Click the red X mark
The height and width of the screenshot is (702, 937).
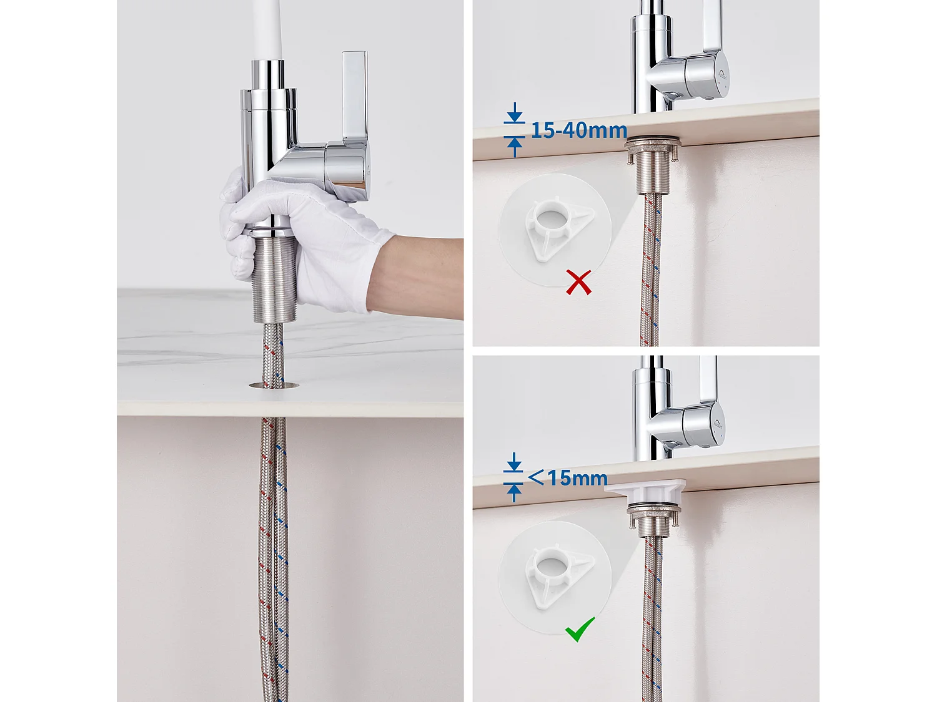578,282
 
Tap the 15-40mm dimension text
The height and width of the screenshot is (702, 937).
579,130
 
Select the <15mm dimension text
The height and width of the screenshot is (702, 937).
568,478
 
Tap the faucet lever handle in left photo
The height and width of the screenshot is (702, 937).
354,100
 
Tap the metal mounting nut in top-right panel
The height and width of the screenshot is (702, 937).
652,147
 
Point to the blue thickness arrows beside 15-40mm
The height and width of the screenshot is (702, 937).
514,130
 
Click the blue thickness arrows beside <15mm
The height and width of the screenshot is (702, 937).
514,478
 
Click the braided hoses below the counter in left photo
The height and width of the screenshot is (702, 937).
274,549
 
